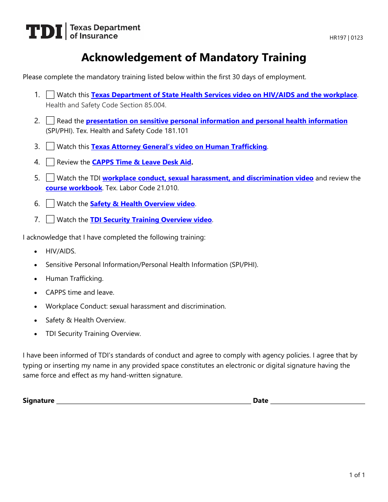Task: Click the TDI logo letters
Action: coord(44,32)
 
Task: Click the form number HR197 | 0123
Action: coord(346,38)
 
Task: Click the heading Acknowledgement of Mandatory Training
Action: coord(194,58)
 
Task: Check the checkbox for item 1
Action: coord(50,95)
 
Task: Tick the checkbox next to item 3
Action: coord(50,147)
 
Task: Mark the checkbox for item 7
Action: coord(50,220)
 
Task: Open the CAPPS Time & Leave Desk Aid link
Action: coord(142,162)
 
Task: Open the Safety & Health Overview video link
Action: coord(143,204)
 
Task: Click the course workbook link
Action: coord(74,188)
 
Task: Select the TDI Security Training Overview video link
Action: coord(151,220)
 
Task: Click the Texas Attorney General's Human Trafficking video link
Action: coord(179,147)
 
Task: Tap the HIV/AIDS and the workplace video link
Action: coord(224,95)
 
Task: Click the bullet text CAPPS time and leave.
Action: coord(80,293)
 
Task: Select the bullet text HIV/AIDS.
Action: coord(61,251)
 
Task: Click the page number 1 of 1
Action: coord(357,475)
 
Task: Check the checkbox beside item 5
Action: coord(50,178)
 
